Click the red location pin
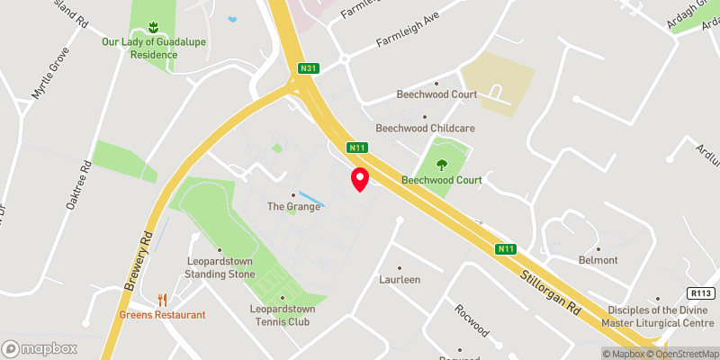pyautogui.click(x=360, y=179)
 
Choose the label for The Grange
pyautogui.click(x=293, y=206)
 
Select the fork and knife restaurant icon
pyautogui.click(x=163, y=299)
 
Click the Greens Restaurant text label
pyautogui.click(x=163, y=315)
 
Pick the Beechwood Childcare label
pyautogui.click(x=425, y=128)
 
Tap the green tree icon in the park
pyautogui.click(x=441, y=164)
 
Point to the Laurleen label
pyautogui.click(x=400, y=280)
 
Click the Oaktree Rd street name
pyautogui.click(x=80, y=185)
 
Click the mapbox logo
pyautogui.click(x=40, y=348)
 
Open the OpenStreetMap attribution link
pyautogui.click(x=681, y=354)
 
